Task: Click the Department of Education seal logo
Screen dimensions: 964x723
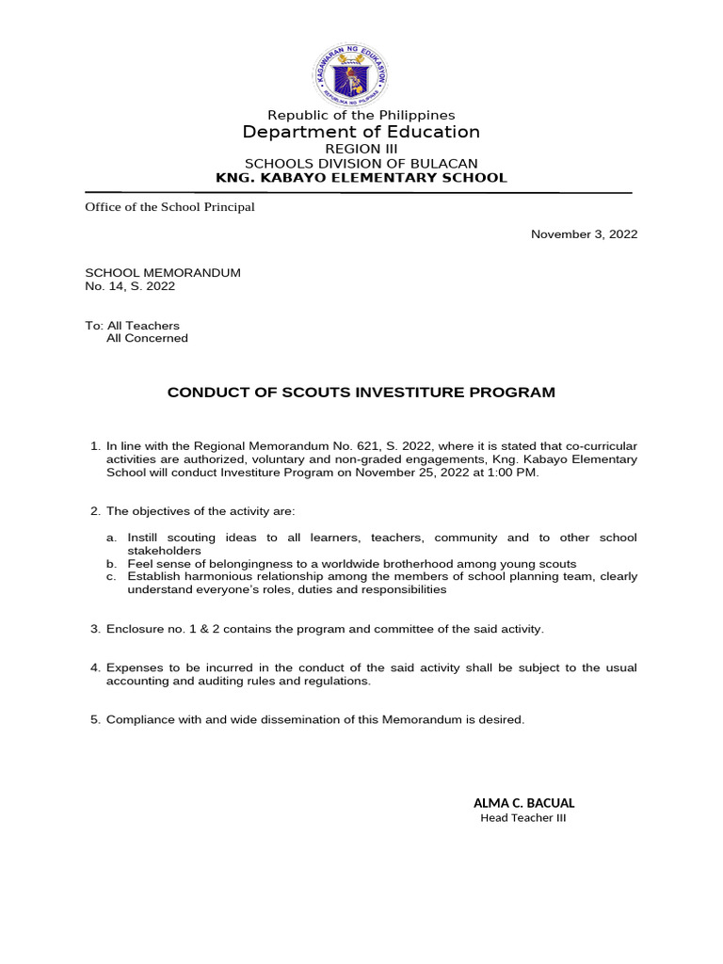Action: pos(351,76)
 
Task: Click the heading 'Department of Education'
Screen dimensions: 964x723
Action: pos(361,132)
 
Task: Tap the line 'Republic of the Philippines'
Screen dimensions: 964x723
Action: pos(361,115)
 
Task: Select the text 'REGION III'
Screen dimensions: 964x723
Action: pos(361,149)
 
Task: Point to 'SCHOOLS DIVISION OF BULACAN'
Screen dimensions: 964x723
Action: pos(361,163)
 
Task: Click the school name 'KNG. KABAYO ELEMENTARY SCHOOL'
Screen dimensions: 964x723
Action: pos(361,177)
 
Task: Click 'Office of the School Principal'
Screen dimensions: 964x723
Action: pos(170,207)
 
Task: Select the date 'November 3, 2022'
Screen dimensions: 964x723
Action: pos(584,234)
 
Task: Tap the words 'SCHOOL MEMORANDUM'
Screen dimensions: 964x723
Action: pos(163,273)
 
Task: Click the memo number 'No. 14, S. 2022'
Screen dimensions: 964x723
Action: pos(130,286)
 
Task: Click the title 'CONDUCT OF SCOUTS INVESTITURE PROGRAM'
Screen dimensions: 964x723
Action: pos(361,392)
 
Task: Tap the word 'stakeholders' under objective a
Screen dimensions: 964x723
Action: pos(164,550)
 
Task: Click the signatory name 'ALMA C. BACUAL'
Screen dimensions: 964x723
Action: pos(523,803)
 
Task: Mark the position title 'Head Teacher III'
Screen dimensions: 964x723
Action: pos(523,818)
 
